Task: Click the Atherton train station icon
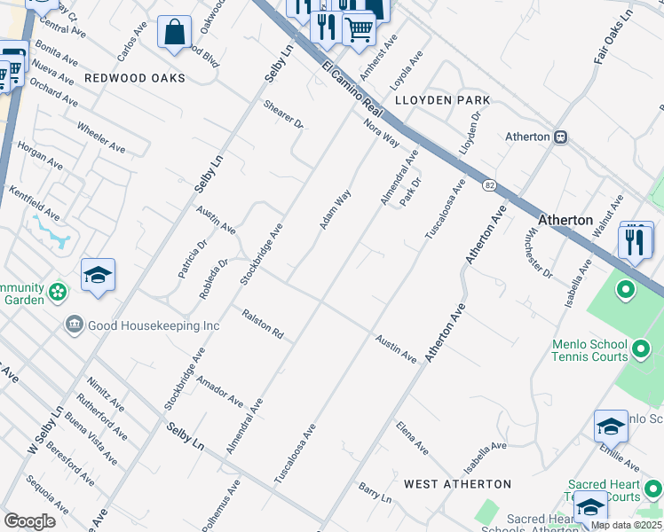click(x=561, y=137)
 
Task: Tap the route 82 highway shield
click(x=489, y=184)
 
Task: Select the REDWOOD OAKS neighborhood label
click(x=135, y=78)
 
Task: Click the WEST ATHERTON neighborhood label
click(x=457, y=484)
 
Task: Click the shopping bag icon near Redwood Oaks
click(x=175, y=34)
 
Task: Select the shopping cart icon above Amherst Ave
click(x=359, y=29)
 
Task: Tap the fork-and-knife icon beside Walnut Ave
click(x=635, y=241)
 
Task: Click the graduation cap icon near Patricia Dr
click(x=98, y=275)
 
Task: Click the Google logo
click(x=29, y=520)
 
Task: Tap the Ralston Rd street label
click(x=263, y=324)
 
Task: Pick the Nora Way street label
click(x=382, y=132)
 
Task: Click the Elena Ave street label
click(x=412, y=438)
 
